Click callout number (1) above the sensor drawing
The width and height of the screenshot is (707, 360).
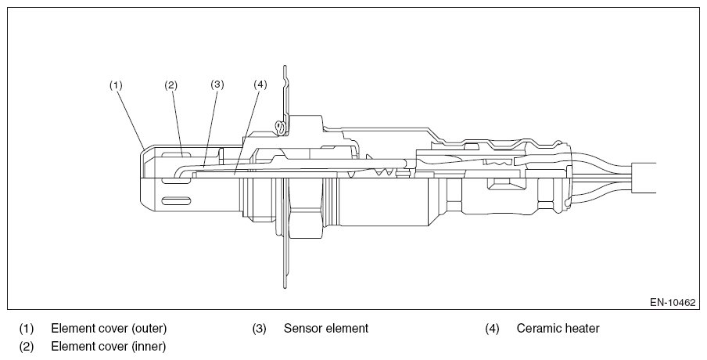coord(116,85)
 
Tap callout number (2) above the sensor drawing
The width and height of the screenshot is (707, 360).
coord(171,85)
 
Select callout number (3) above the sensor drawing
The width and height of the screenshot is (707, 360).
coord(217,85)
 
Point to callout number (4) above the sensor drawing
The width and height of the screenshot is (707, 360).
coord(260,85)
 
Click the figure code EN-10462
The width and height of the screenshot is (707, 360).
coord(673,302)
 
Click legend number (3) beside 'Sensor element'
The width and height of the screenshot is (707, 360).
coord(260,329)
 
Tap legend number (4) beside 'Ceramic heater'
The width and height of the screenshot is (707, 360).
coord(493,329)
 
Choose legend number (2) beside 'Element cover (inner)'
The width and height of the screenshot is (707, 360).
coord(26,347)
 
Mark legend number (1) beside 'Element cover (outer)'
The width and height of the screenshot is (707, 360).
coord(26,329)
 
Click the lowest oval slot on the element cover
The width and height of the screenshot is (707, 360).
coord(176,201)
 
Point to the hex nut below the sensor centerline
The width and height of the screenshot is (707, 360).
coord(306,208)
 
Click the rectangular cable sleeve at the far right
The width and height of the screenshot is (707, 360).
coord(644,178)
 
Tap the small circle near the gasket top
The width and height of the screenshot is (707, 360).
coord(282,128)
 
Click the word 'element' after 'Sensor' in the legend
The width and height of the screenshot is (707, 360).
coord(347,329)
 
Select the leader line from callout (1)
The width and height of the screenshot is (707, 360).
coord(131,120)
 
